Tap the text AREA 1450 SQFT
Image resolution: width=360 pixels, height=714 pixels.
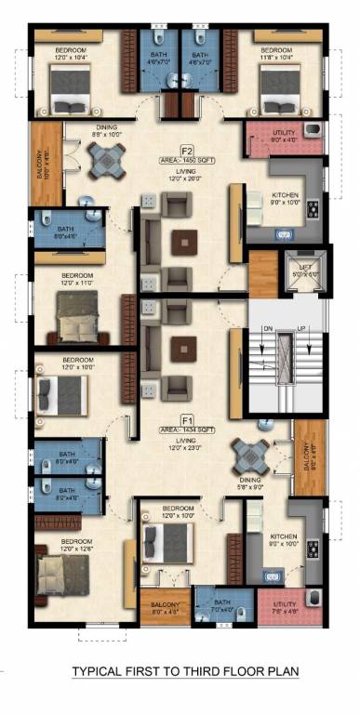tap(186, 160)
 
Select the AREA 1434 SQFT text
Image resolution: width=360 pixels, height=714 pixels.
tap(186, 430)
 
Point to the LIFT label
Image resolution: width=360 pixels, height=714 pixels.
tap(300, 271)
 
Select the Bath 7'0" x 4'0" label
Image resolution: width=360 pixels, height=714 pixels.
tap(222, 606)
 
